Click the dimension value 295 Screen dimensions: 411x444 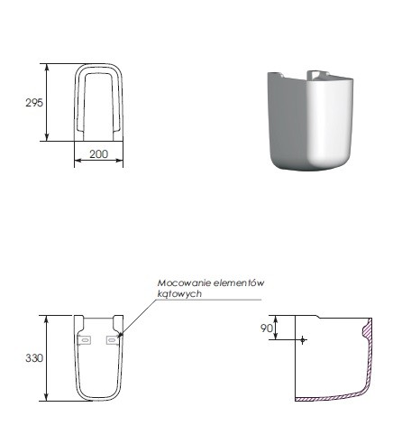[34, 103]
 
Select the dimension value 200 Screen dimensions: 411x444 [98, 154]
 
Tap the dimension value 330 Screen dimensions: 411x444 [34, 358]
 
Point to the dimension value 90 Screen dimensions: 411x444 [267, 328]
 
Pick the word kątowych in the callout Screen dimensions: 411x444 [179, 294]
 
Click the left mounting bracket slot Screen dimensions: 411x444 [85, 340]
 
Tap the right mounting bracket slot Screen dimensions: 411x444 [113, 340]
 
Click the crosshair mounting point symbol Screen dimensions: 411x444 [303, 340]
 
